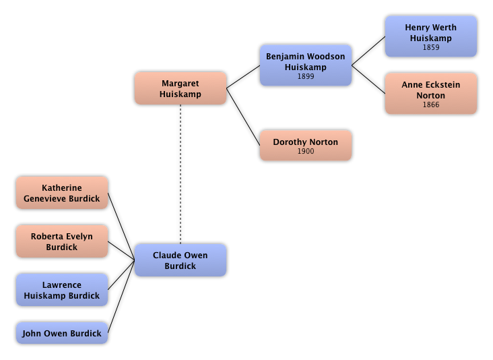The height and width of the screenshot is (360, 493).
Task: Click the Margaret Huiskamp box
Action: tap(180, 88)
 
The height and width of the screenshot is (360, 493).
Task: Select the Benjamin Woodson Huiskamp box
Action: tap(305, 65)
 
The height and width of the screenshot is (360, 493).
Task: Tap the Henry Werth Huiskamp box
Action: tap(430, 36)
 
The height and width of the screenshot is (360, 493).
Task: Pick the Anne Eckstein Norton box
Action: tap(430, 94)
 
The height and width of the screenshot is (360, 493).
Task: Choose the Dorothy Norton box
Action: tap(305, 146)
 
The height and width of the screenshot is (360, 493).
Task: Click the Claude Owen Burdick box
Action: tap(180, 260)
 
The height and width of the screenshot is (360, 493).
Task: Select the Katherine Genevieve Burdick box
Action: tap(61, 193)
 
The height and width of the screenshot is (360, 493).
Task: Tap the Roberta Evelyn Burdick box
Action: tap(61, 241)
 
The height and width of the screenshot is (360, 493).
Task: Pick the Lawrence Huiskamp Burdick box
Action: tap(61, 290)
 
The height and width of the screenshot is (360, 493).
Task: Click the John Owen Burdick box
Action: tap(61, 333)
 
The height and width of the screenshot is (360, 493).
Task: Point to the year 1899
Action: tap(305, 77)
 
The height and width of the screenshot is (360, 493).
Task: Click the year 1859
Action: tap(430, 48)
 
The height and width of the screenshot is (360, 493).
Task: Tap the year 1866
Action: tap(430, 105)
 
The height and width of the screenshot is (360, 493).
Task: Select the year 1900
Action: tap(305, 152)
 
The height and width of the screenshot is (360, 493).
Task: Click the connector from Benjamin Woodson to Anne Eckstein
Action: tap(369, 80)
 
